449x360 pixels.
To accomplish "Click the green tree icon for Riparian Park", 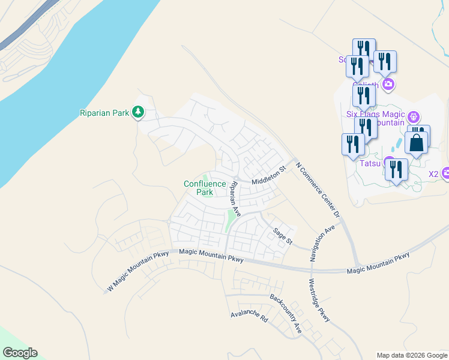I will pos(138,112).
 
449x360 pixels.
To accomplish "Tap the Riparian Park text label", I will pos(105,113).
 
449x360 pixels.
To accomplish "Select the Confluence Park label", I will pos(205,188).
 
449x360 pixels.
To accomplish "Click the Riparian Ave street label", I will pos(236,199).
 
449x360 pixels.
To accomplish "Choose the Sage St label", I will pos(282,236).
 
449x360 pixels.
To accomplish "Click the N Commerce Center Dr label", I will pos(318,188).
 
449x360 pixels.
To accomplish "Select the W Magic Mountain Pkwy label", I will pos(137,271).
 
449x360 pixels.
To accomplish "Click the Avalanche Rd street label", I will pos(249,316).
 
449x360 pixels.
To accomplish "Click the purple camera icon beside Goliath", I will pos(388,84).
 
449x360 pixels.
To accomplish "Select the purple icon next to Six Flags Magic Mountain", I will pos(413,116).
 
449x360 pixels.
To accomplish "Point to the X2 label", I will pos(433,174).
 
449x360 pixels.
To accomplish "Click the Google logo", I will pos(20,353).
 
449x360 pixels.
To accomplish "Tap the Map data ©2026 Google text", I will pos(412,355).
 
